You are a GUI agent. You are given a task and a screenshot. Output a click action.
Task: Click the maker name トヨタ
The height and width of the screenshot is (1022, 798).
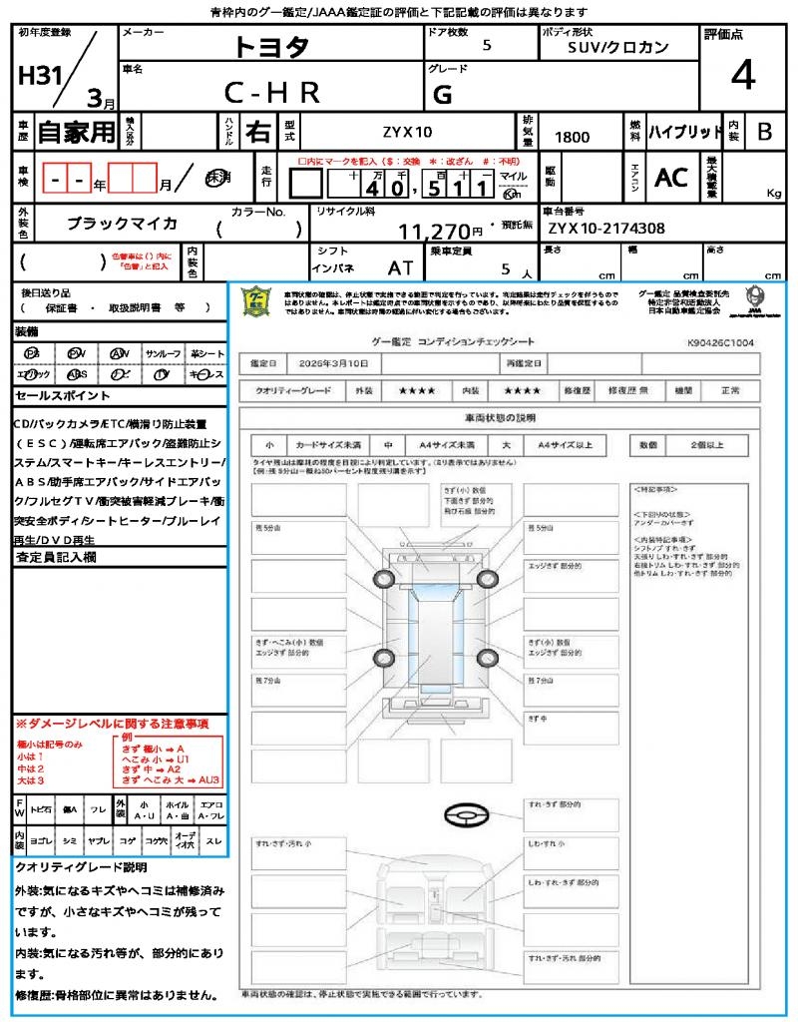click(271, 46)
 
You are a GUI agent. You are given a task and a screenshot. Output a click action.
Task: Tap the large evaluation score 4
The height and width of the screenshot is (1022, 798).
click(741, 76)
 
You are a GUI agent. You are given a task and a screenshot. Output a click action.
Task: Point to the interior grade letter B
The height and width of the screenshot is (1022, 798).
click(764, 132)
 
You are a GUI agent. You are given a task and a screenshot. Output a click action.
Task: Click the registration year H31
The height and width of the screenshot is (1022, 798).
click(40, 77)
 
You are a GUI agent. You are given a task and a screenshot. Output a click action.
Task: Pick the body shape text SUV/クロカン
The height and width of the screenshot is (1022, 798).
click(618, 47)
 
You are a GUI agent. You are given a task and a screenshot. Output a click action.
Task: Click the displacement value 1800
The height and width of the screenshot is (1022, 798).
click(572, 137)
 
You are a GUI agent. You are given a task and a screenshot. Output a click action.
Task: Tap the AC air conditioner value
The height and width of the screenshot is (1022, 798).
click(671, 178)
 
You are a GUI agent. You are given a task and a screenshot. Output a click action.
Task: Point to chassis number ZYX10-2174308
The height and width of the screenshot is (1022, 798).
click(605, 229)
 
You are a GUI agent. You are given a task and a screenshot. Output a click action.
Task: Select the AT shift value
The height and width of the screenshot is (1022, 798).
click(401, 268)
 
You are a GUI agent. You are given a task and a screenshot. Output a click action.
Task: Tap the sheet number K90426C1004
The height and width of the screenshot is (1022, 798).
click(720, 341)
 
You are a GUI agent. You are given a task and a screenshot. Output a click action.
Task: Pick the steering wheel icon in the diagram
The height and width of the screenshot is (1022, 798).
click(466, 815)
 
